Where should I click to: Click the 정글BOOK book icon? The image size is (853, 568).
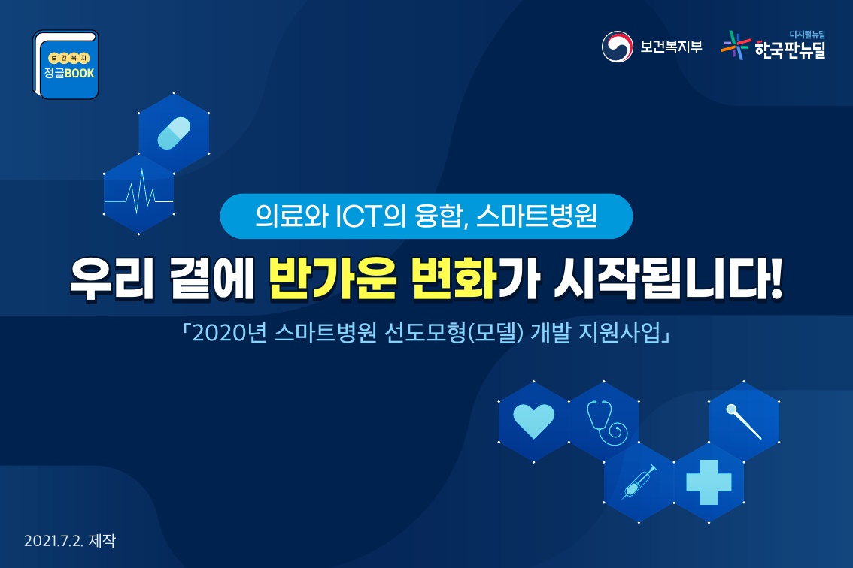[x=66, y=65]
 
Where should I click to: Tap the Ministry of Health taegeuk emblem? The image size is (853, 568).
[x=617, y=46]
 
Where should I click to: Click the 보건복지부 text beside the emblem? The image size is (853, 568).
[x=671, y=47]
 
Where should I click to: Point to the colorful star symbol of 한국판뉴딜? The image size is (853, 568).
[x=735, y=45]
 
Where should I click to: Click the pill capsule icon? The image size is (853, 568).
[x=174, y=133]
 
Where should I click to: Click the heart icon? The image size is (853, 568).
[x=533, y=421]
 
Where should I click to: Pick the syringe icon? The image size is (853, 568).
[x=639, y=482]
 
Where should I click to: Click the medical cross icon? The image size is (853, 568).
[x=709, y=482]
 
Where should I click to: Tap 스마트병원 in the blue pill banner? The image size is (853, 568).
[x=536, y=216]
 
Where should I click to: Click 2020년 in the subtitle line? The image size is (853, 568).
[x=229, y=333]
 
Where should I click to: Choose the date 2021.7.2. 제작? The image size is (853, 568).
[x=70, y=541]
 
